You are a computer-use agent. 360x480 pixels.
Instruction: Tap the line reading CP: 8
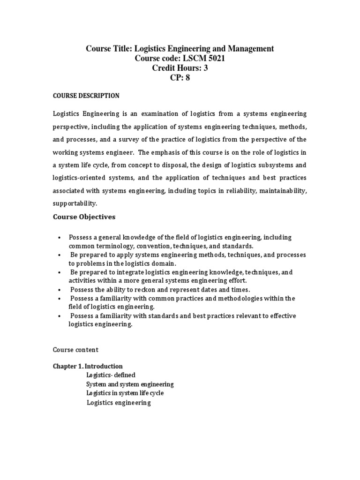(x=180, y=78)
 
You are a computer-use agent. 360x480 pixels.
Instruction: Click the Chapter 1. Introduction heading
(x=88, y=366)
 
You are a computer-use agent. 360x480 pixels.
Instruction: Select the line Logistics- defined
(x=111, y=375)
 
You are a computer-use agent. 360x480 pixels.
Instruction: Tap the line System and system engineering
(x=130, y=384)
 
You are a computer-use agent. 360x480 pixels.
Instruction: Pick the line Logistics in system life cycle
(x=125, y=393)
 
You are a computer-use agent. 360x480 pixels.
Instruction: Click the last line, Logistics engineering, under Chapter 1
(x=119, y=403)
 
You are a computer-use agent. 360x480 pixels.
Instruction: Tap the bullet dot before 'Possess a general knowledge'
(x=59, y=238)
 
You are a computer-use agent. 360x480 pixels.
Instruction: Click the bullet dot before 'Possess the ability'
(x=59, y=290)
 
